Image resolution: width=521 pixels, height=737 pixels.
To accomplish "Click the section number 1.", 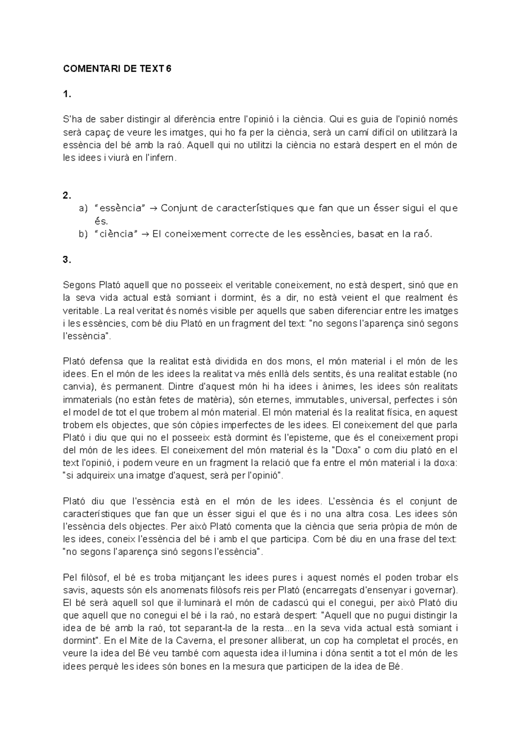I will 66,94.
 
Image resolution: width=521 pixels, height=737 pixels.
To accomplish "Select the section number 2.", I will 66,196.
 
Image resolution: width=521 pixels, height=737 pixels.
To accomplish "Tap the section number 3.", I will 66,260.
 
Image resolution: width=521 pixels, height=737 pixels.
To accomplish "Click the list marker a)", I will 83,208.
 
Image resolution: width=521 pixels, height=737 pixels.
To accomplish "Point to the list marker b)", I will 83,234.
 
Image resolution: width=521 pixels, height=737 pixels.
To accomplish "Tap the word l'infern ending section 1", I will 162,158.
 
